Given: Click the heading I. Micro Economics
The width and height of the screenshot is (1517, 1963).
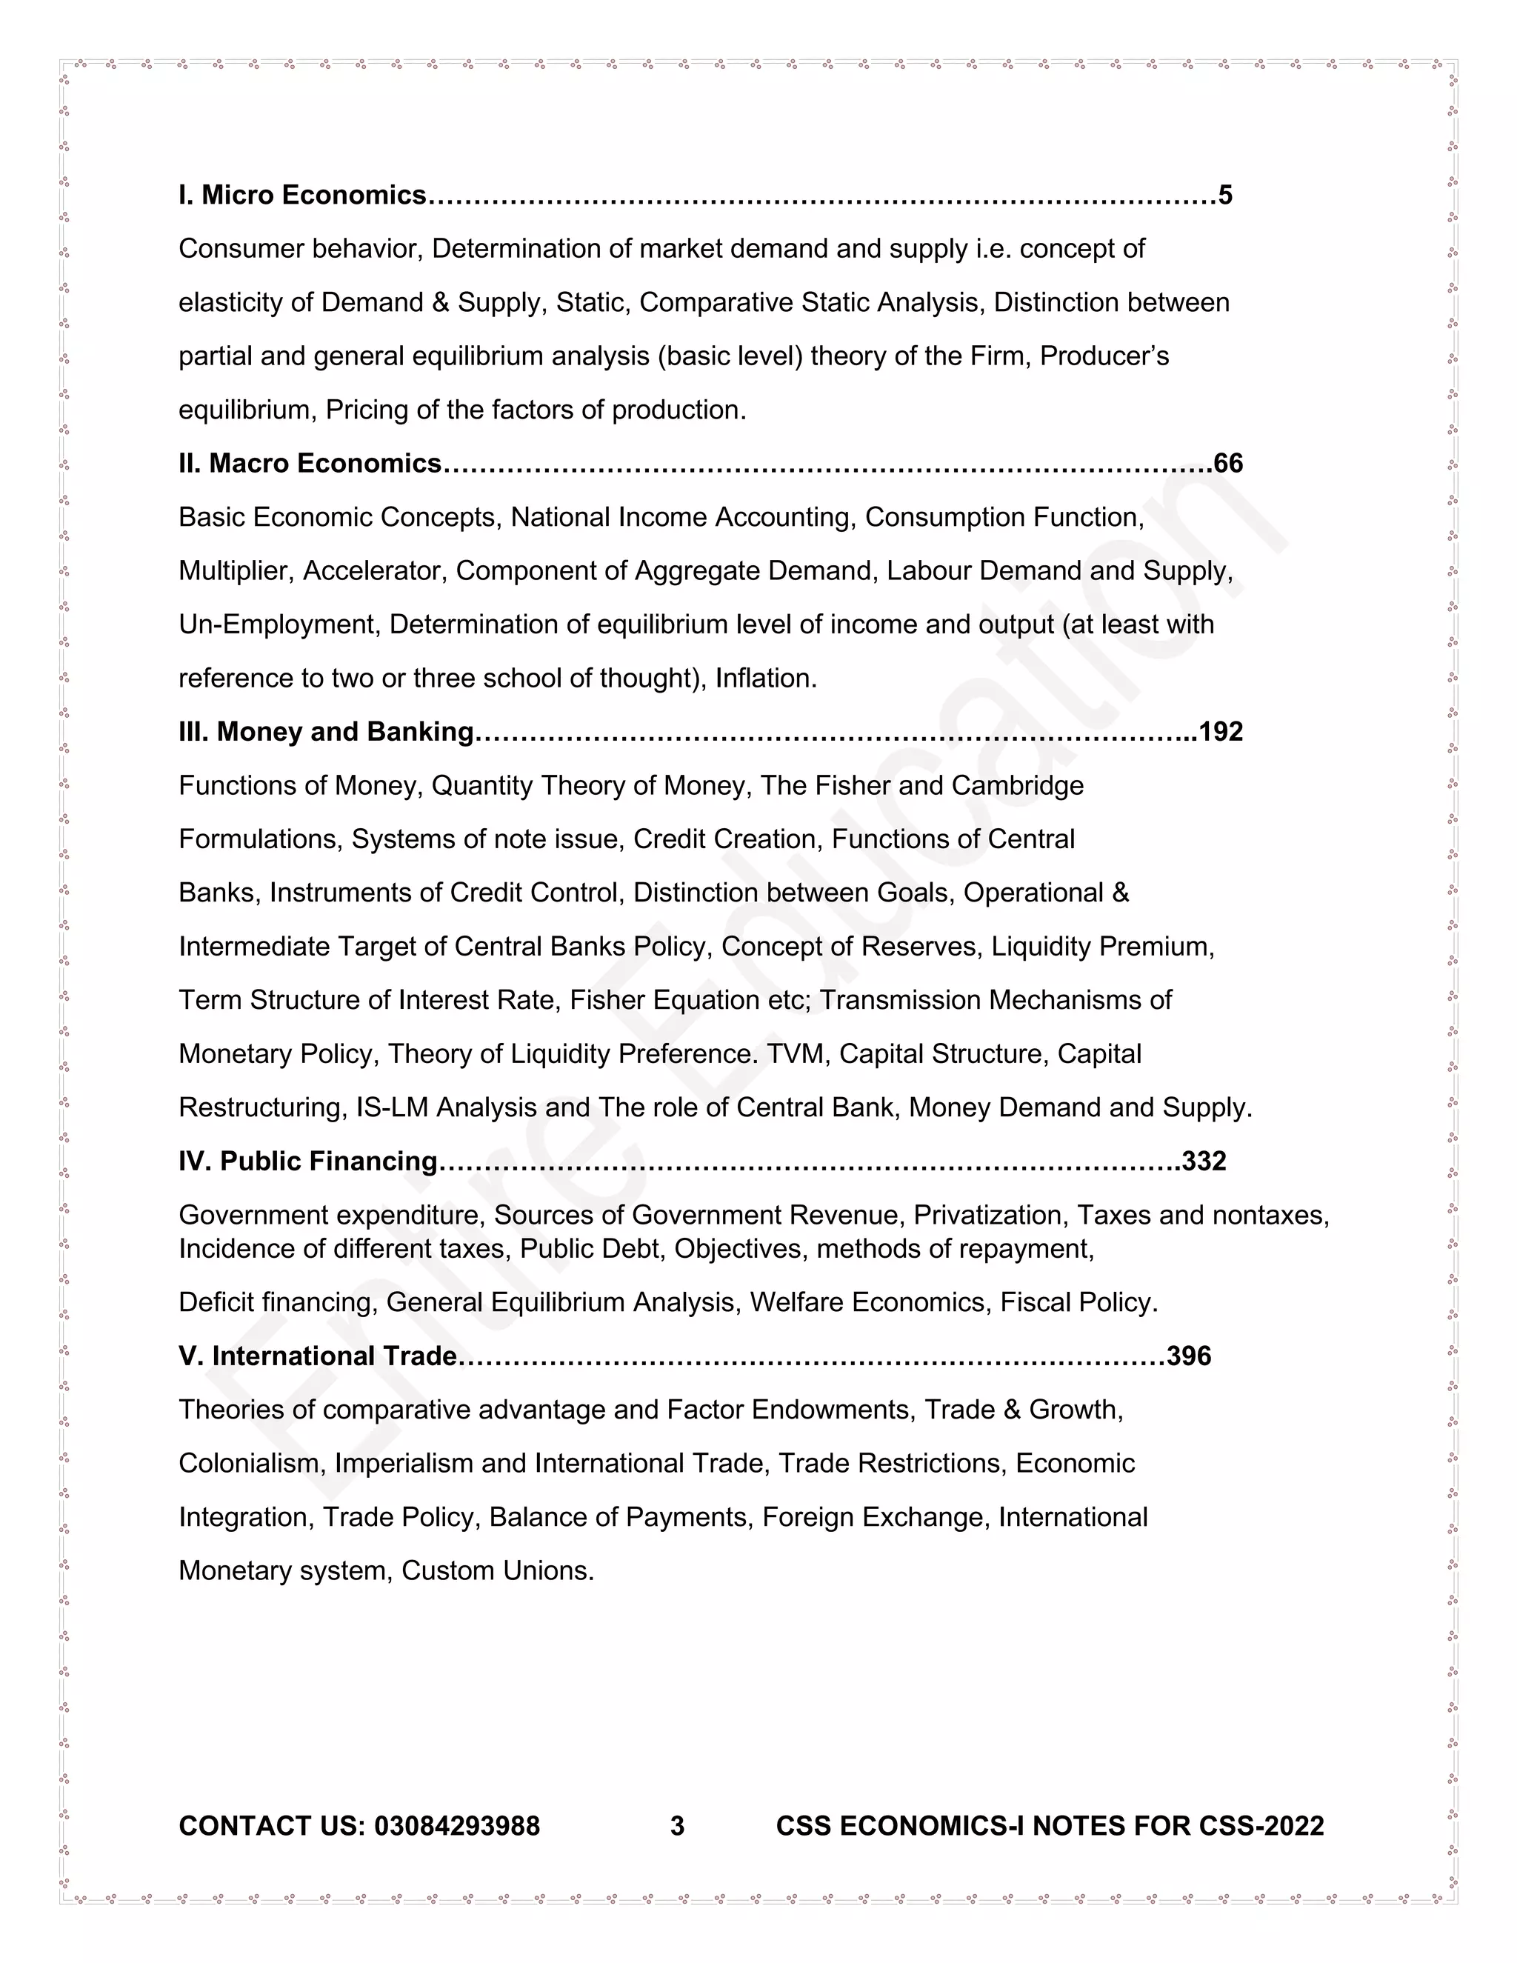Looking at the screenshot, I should pyautogui.click(x=302, y=195).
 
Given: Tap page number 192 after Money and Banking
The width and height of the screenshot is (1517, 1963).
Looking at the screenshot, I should pyautogui.click(x=1221, y=732).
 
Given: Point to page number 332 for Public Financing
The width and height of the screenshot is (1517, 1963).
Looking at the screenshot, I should pyautogui.click(x=1204, y=1162).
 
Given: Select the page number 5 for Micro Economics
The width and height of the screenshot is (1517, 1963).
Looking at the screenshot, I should pyautogui.click(x=1225, y=195).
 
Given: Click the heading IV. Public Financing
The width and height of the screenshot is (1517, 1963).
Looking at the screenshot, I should pyautogui.click(x=307, y=1162).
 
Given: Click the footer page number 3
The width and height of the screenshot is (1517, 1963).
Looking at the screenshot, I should pyautogui.click(x=678, y=1827).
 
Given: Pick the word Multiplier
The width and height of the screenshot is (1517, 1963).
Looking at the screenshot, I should pyautogui.click(x=236, y=570).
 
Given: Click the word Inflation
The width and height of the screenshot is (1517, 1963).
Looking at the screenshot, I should pyautogui.click(x=764, y=679).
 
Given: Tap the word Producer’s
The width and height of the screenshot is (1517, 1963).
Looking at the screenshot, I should pyautogui.click(x=1104, y=357).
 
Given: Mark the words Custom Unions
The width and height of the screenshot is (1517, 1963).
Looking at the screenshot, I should pyautogui.click(x=497, y=1571).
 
